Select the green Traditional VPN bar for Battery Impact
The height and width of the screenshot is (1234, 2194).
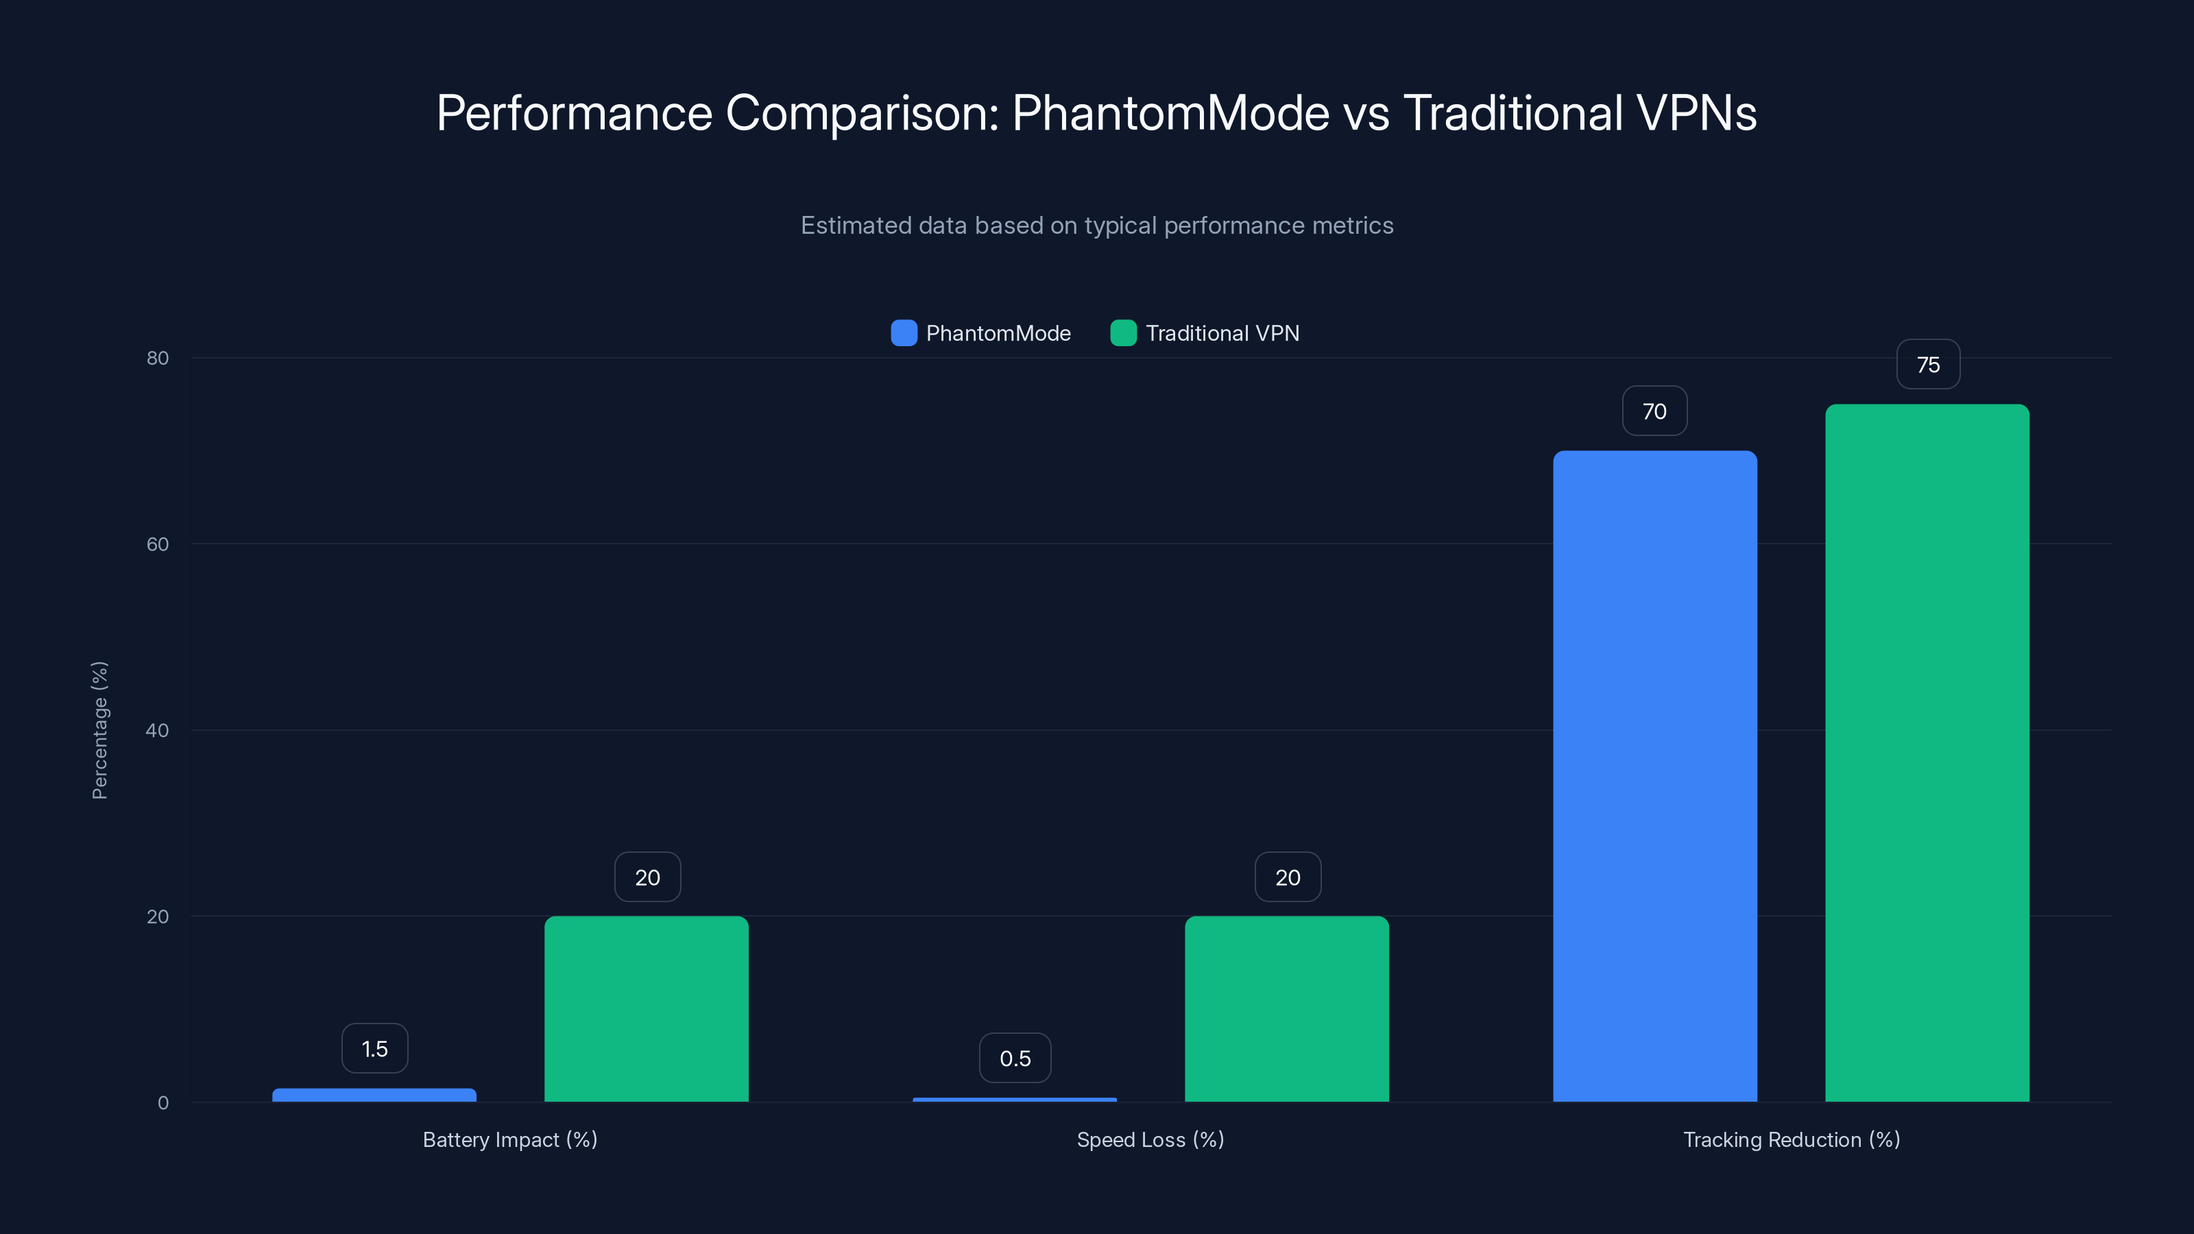(x=647, y=1008)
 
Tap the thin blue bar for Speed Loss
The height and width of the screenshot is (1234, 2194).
(x=1015, y=1100)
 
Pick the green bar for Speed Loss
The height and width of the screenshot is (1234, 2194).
(x=1286, y=1008)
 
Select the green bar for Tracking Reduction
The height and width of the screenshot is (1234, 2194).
(x=1927, y=753)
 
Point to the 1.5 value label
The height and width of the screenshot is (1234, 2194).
(x=375, y=1048)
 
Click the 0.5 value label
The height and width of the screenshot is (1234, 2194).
(x=1015, y=1058)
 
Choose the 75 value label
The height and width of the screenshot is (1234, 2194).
(x=1927, y=365)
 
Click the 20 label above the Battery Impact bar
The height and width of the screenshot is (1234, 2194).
(x=647, y=878)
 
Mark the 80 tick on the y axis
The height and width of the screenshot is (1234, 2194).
(x=158, y=358)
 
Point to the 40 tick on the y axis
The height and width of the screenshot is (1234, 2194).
(x=158, y=730)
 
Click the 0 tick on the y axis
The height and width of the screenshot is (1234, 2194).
(x=162, y=1103)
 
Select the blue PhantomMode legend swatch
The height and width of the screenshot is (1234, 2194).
(x=904, y=333)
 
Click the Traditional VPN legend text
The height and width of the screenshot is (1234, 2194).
(x=1222, y=333)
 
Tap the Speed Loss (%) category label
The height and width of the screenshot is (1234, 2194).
(x=1150, y=1139)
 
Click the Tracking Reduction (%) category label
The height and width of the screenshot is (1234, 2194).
(x=1791, y=1139)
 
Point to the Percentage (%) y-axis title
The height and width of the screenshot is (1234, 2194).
(x=99, y=730)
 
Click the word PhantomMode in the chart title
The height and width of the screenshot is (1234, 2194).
(x=1170, y=112)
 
